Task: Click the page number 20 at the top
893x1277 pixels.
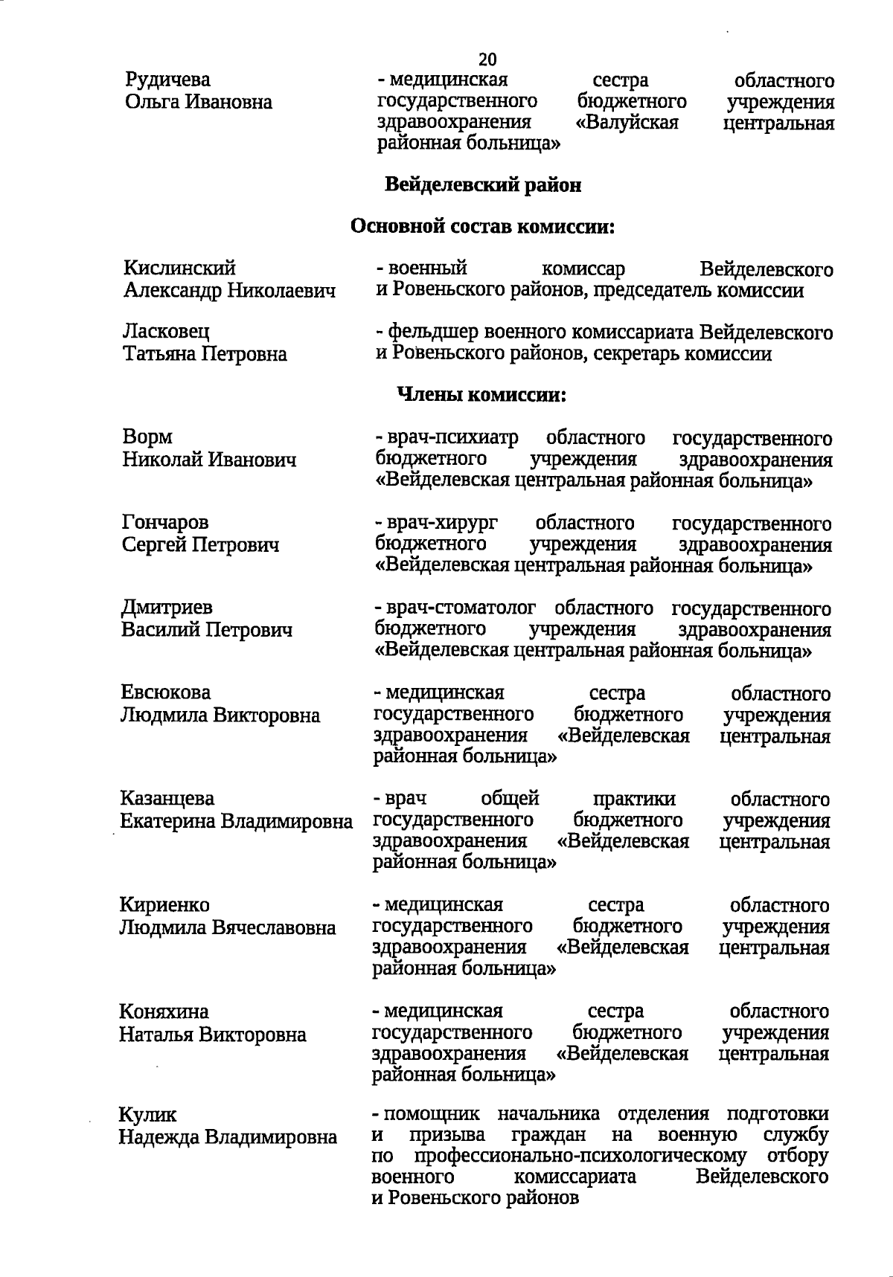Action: click(487, 59)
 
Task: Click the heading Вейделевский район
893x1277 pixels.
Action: click(482, 185)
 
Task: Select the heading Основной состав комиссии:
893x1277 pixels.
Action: click(482, 226)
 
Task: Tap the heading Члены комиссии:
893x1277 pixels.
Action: click(482, 395)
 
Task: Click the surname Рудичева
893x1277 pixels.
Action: click(168, 80)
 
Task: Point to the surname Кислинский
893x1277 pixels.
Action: click(179, 268)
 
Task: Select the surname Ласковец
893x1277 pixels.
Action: click(167, 331)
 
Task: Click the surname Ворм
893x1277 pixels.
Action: click(147, 437)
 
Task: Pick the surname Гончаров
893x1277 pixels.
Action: click(165, 523)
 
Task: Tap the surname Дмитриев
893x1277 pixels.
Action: click(167, 608)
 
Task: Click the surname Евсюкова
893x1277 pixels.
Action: click(166, 692)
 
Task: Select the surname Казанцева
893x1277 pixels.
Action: click(167, 799)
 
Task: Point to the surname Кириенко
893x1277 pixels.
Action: click(165, 905)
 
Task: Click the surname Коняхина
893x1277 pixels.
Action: click(164, 1011)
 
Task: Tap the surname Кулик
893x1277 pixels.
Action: click(148, 1114)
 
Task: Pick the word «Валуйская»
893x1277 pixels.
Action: click(627, 122)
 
